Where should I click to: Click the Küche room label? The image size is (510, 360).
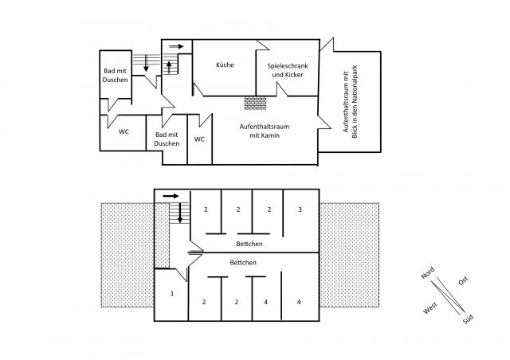point(225,65)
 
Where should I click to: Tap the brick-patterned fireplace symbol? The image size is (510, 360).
point(255,103)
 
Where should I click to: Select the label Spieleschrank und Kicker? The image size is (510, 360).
point(288,70)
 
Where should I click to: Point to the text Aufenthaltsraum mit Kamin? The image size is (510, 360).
point(265,131)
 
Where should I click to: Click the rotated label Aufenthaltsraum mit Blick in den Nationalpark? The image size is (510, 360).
point(351,102)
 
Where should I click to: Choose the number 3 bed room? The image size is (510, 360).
point(300,209)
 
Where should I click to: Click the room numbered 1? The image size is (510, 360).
point(172,294)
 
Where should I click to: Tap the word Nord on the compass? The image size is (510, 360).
point(428,273)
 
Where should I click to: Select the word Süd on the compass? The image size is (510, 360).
point(468,319)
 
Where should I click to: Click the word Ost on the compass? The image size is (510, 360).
point(463,280)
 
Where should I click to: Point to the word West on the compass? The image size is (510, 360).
point(430,308)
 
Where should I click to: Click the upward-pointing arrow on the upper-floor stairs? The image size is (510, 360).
point(169,68)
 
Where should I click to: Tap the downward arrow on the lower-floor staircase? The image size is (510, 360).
point(179,213)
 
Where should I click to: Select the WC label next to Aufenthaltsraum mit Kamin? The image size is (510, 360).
point(199,139)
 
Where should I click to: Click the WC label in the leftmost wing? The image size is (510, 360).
point(124,131)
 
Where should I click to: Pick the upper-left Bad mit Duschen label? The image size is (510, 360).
point(116,75)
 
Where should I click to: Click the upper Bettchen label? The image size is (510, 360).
point(249,244)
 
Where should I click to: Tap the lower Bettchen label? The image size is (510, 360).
point(243,263)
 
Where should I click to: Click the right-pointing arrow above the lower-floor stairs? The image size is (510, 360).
point(171,196)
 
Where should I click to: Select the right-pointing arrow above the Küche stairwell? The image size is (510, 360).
point(176,46)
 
